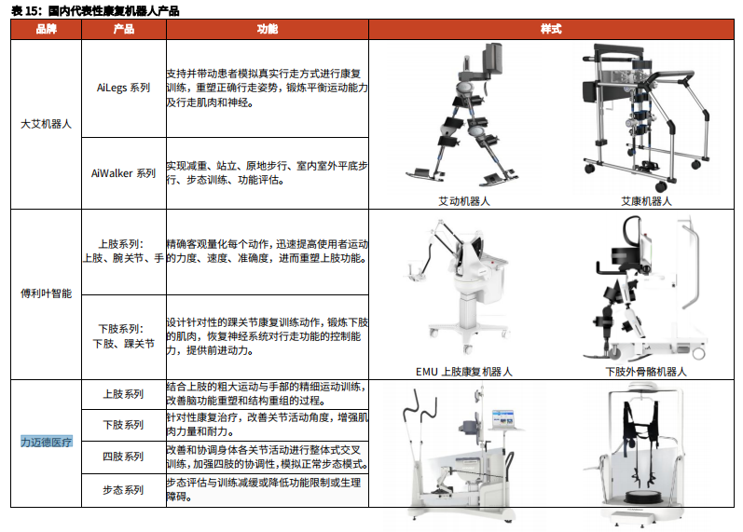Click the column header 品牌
tap(46, 29)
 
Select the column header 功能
tap(268, 29)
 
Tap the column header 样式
tap(551, 29)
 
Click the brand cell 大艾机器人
tap(46, 124)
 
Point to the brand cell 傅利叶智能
tap(46, 293)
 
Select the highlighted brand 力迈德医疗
tap(47, 442)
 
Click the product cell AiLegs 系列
tap(123, 88)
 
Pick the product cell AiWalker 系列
tap(123, 173)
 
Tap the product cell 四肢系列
tap(123, 457)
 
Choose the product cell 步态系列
tap(123, 490)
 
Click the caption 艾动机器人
tap(464, 201)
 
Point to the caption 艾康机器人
tap(646, 201)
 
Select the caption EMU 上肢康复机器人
tap(464, 372)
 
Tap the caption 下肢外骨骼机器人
tap(646, 372)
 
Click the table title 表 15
tap(24, 10)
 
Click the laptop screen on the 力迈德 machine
tap(502, 419)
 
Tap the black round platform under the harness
tap(643, 498)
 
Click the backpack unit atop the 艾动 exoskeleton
tap(493, 59)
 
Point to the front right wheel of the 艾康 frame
tap(661, 185)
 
